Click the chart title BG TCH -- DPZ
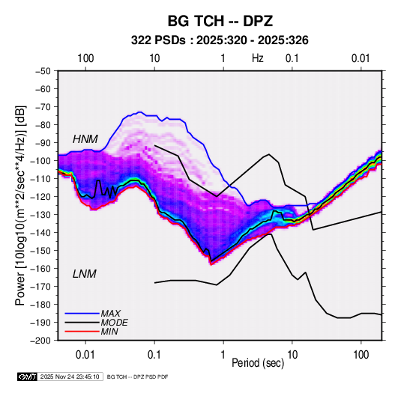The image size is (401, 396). click(x=220, y=21)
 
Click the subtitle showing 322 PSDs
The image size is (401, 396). click(x=220, y=40)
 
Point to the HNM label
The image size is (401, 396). click(x=85, y=139)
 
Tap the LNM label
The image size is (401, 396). click(x=85, y=274)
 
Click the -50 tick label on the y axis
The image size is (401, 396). click(x=43, y=71)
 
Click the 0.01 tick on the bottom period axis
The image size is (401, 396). click(x=85, y=355)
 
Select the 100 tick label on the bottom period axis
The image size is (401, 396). click(x=361, y=355)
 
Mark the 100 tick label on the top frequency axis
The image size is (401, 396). click(x=85, y=58)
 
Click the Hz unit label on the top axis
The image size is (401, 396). click(x=258, y=58)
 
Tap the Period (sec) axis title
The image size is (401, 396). click(x=258, y=363)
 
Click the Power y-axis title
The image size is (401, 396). click(x=20, y=205)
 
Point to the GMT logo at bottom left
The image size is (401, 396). click(x=28, y=377)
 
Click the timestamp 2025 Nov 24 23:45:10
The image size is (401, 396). click(x=70, y=377)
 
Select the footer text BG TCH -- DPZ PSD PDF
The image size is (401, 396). click(x=137, y=377)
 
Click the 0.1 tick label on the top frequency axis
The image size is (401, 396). click(x=292, y=58)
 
